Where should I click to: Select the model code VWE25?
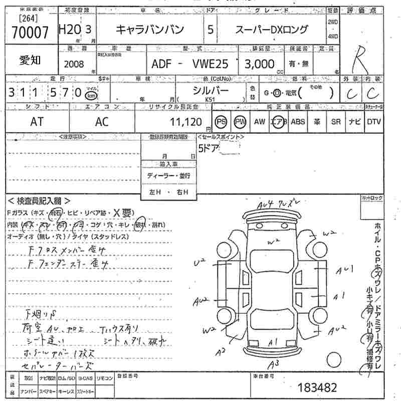pyautogui.click(x=209, y=64)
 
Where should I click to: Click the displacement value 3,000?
pyautogui.click(x=260, y=64)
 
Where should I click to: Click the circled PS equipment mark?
pyautogui.click(x=221, y=122)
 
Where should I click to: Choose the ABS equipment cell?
pyautogui.click(x=298, y=122)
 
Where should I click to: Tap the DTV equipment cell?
pyautogui.click(x=373, y=122)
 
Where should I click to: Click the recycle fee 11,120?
pyautogui.click(x=186, y=122)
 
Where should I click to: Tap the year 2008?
pyautogui.click(x=74, y=65)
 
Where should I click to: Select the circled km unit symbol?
pyautogui.click(x=91, y=95)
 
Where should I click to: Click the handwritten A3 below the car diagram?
pyautogui.click(x=274, y=364)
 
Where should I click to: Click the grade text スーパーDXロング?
pyautogui.click(x=272, y=30)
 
